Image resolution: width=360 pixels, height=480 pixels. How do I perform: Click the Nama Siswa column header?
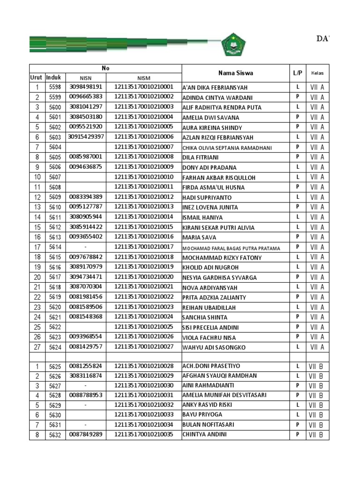coord(235,73)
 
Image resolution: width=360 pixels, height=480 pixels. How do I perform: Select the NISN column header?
coord(85,78)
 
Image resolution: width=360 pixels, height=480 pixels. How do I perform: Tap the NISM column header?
coord(144,78)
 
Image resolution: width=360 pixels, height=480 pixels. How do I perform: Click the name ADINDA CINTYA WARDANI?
coord(217,97)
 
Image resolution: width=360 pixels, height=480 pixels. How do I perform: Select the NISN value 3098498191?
coord(85,87)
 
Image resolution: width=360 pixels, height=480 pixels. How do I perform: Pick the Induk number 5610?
coord(55,207)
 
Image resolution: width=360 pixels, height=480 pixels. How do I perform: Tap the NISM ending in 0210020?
coord(144,277)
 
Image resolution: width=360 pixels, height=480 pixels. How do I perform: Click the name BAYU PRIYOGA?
coord(202,415)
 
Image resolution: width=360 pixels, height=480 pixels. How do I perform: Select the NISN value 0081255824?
coord(85,366)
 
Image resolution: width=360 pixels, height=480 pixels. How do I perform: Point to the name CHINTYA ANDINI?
coord(204,435)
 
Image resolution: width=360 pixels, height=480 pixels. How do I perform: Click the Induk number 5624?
coord(55,347)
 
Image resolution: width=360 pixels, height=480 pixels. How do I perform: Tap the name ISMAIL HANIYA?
coord(202,217)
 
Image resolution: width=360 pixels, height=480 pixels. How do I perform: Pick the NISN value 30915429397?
coord(86,137)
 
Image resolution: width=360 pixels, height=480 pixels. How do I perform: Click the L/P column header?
coord(298,73)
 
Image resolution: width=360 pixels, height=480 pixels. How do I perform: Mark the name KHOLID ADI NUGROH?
coord(210,267)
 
